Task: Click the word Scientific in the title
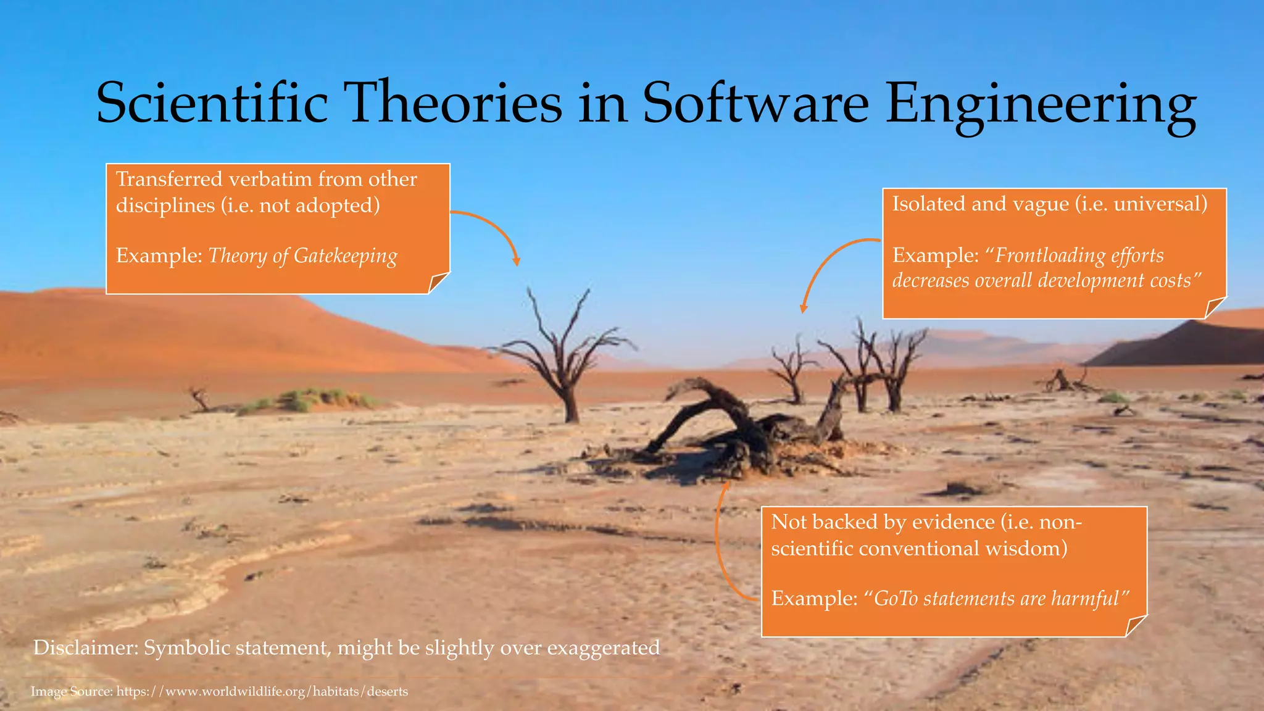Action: [x=212, y=104]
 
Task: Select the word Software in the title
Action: [x=755, y=104]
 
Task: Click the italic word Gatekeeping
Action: [x=346, y=256]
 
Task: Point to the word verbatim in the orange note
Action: [x=270, y=179]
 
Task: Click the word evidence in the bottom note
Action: [x=954, y=522]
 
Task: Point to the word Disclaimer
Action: [x=85, y=647]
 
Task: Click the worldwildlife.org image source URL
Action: [x=262, y=691]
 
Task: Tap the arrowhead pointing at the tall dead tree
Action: [x=517, y=262]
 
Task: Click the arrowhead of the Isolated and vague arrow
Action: [x=803, y=309]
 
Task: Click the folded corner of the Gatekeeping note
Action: [x=438, y=283]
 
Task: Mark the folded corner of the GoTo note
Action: [x=1135, y=626]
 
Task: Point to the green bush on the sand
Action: [x=309, y=400]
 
